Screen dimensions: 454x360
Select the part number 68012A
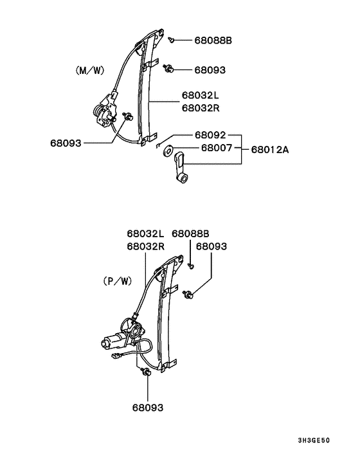[x=270, y=150]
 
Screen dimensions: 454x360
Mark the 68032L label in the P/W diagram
[x=145, y=234]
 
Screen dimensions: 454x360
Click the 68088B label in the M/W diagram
[x=212, y=41]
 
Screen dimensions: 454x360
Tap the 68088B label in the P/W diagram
[x=190, y=234]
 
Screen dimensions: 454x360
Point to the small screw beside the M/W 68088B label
[x=172, y=40]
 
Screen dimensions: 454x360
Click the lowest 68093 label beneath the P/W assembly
[x=148, y=408]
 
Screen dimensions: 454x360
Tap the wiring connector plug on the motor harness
[x=117, y=354]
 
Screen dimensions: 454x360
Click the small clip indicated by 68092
[x=158, y=145]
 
